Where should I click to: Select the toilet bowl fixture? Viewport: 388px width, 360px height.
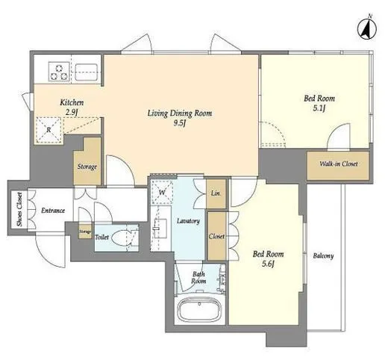coord(122,238)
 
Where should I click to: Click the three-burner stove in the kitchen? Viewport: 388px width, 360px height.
coord(59,72)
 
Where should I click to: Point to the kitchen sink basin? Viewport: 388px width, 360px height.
coord(87,72)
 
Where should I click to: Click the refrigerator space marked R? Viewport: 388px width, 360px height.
coord(48,130)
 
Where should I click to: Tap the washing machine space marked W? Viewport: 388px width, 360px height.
coord(162,192)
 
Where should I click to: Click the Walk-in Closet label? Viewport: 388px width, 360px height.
coord(339,164)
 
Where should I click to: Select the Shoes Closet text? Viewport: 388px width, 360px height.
coord(19,209)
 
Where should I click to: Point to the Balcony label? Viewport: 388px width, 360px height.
coord(323,256)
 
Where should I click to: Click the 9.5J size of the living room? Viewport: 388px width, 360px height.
coord(180,123)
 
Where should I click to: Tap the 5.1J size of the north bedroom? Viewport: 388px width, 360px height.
coord(319,108)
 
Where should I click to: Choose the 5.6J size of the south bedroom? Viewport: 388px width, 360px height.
coord(268,264)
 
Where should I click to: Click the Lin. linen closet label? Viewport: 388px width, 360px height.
coord(216,193)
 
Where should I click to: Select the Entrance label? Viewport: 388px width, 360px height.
coord(53,211)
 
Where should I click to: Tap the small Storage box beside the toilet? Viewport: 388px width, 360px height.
coord(85,232)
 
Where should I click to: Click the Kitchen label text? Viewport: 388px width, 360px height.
coord(72,102)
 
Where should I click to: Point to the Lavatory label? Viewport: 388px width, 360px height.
coord(188,221)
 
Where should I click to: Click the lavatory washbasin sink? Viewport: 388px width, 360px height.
coord(160,229)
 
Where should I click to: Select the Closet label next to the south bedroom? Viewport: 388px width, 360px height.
coord(216,236)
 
